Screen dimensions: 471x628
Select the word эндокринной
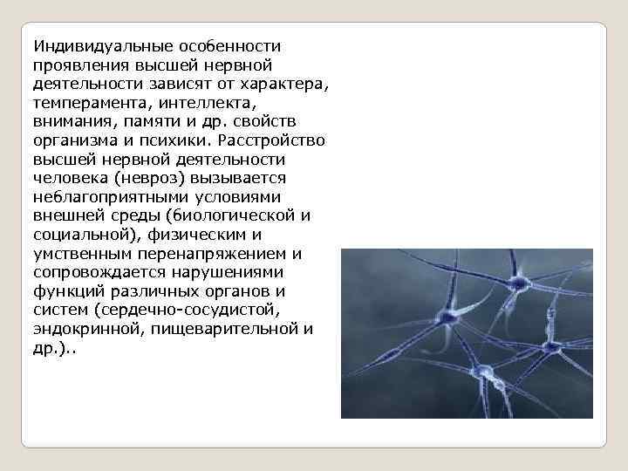coord(79,331)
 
